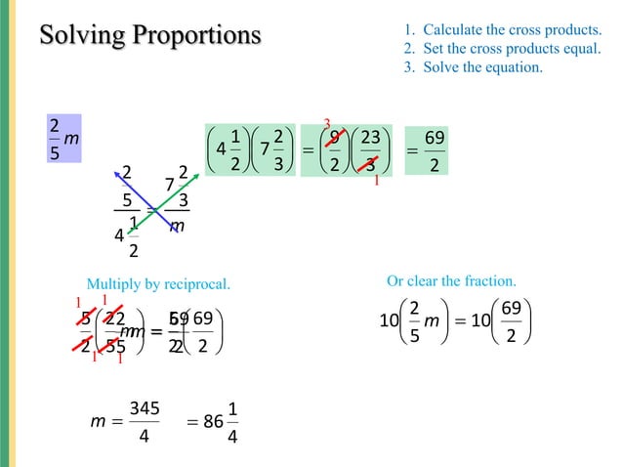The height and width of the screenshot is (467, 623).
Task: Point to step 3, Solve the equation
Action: click(x=473, y=67)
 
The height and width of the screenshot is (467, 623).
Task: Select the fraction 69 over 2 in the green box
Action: click(x=436, y=149)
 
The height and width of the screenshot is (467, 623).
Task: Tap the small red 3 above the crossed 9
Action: click(x=328, y=123)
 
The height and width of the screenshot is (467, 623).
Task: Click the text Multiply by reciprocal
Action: click(x=158, y=283)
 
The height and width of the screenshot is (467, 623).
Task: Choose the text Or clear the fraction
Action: click(x=451, y=280)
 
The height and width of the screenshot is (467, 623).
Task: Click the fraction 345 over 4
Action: click(x=144, y=421)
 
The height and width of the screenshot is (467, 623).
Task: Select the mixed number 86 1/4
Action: click(x=221, y=421)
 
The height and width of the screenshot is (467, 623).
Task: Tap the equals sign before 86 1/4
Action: click(x=193, y=421)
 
